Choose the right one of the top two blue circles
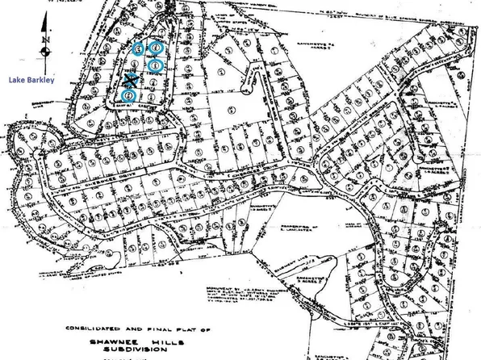coord(154,48)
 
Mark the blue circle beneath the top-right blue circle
coord(155,65)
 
